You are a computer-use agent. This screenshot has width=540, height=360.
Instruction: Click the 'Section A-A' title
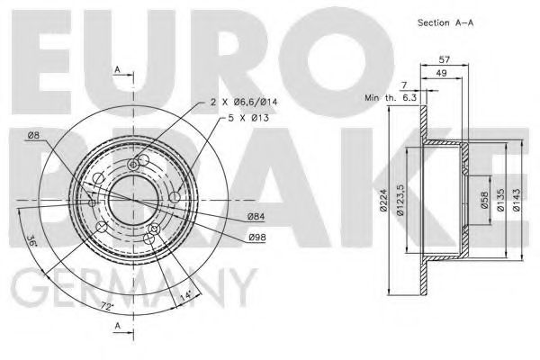[x=445, y=22]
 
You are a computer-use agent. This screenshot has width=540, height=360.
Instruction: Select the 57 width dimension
[x=445, y=59]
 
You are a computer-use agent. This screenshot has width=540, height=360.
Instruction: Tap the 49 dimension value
[x=441, y=73]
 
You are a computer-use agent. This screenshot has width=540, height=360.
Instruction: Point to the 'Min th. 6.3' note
[x=391, y=98]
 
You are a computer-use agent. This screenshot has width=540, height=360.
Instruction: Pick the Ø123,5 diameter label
[x=400, y=200]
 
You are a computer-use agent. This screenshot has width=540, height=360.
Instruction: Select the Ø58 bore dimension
[x=484, y=200]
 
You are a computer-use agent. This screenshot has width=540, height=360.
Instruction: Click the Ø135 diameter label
[x=501, y=200]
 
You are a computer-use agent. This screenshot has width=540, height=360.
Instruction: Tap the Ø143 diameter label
[x=516, y=200]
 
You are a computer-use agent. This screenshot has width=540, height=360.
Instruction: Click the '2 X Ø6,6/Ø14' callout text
[x=244, y=102]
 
